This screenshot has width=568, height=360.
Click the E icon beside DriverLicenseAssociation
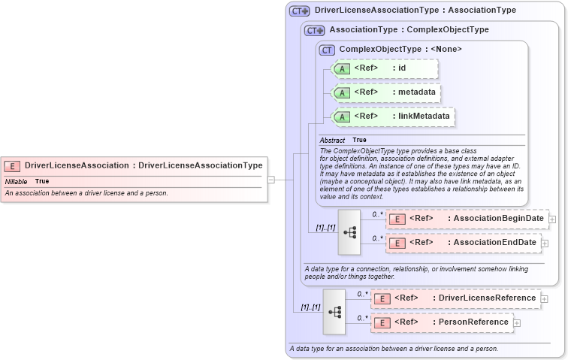[x=12, y=165]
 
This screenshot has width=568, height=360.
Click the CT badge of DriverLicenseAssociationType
[x=299, y=11]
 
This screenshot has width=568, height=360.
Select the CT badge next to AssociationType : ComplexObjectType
[x=314, y=30]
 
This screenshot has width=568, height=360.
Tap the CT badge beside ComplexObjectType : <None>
[x=327, y=50]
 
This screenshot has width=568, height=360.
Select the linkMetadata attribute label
[x=424, y=116]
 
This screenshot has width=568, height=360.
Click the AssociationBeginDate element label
[x=495, y=219]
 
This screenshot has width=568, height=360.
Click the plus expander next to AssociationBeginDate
[x=553, y=219]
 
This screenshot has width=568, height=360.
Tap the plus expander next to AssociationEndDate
[x=545, y=243]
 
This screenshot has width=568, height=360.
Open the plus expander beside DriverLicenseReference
[x=545, y=299]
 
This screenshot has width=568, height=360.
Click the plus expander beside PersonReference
[x=517, y=323]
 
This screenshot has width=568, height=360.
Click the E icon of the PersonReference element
[x=382, y=323]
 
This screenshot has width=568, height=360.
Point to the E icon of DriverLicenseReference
[x=382, y=299]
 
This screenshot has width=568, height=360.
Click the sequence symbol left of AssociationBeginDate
[x=349, y=231]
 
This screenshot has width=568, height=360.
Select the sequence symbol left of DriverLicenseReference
[x=334, y=311]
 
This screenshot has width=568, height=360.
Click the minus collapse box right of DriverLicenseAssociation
[x=271, y=180]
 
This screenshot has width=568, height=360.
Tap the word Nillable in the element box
[x=16, y=182]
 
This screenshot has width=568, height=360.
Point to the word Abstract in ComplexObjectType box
[x=332, y=141]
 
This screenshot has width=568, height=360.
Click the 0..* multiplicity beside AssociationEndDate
[x=377, y=238]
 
